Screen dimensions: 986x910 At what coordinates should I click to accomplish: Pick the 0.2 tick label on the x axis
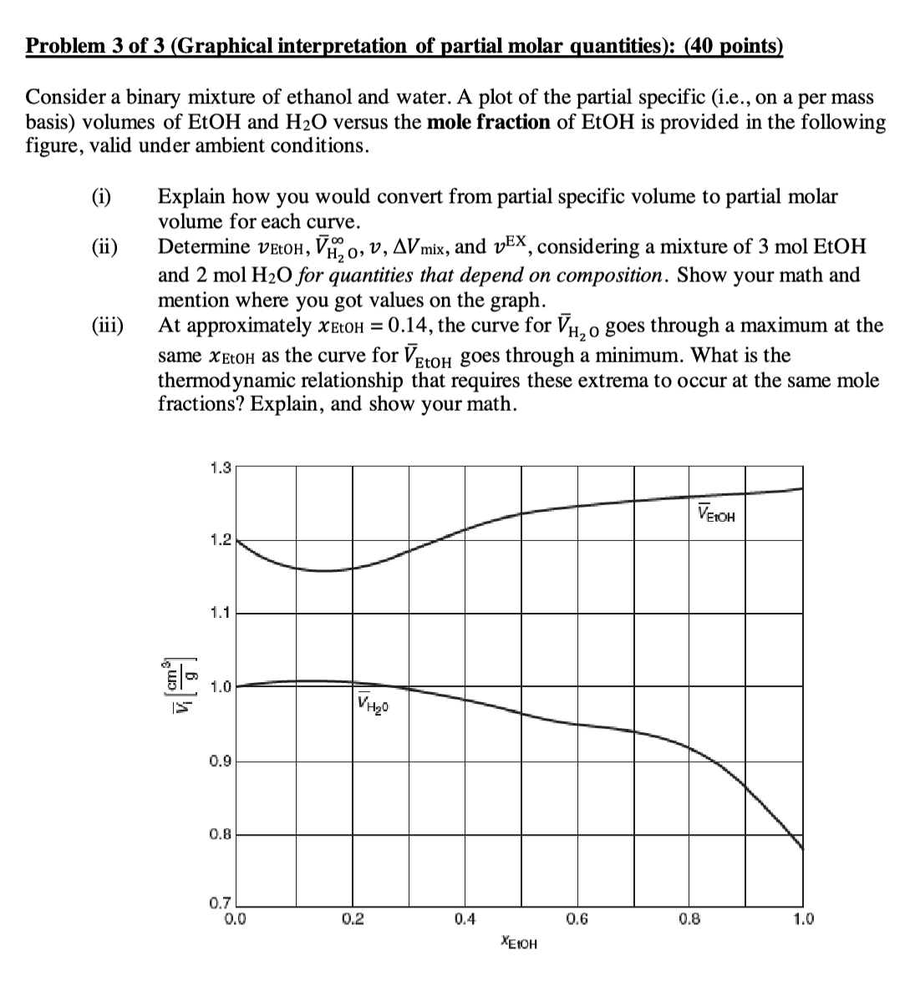352,920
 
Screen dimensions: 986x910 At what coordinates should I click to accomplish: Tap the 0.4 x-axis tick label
465,920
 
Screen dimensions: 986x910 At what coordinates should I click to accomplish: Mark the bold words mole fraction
488,122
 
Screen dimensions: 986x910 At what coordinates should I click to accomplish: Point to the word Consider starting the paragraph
64,98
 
